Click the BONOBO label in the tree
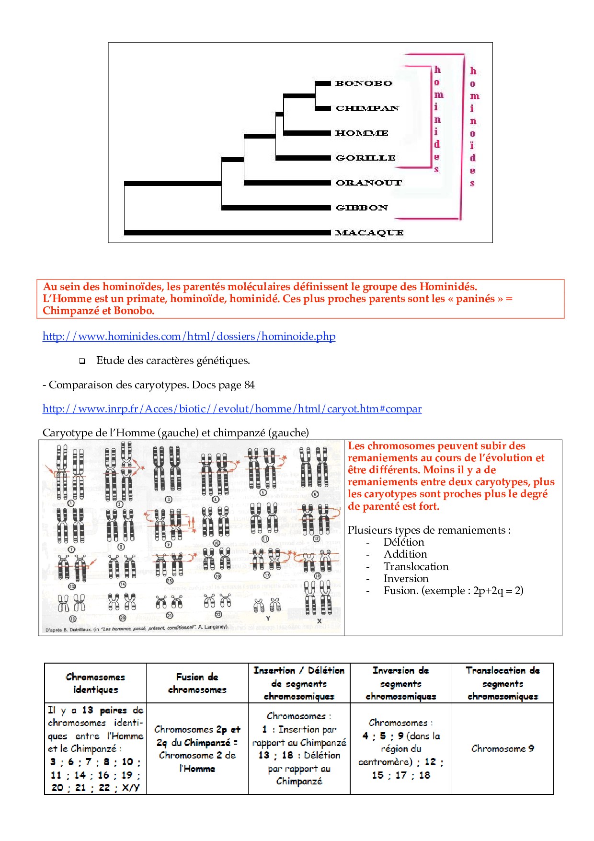364,83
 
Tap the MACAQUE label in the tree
369,233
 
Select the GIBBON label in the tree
362,208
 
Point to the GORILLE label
366,158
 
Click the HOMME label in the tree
362,133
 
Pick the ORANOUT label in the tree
368,183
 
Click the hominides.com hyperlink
189,337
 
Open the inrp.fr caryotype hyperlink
232,409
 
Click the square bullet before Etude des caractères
82,361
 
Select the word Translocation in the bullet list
416,567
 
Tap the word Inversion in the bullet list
406,579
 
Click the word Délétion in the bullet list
403,542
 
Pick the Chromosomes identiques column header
95,683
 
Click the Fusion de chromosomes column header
197,683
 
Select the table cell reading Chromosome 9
503,748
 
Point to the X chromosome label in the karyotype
319,621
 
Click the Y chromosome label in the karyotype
268,619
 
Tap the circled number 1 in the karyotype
70,503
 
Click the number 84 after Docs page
249,385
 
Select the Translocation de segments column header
503,683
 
